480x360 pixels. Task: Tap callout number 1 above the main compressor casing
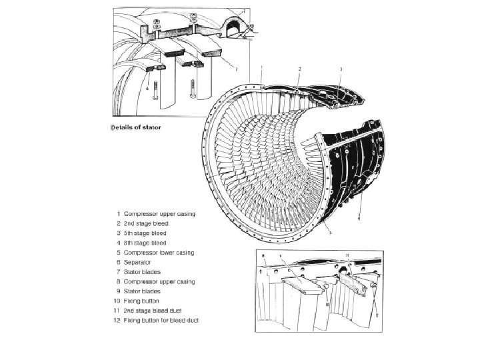261,67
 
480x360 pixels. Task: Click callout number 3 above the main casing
341,69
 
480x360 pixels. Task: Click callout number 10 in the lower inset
327,303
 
